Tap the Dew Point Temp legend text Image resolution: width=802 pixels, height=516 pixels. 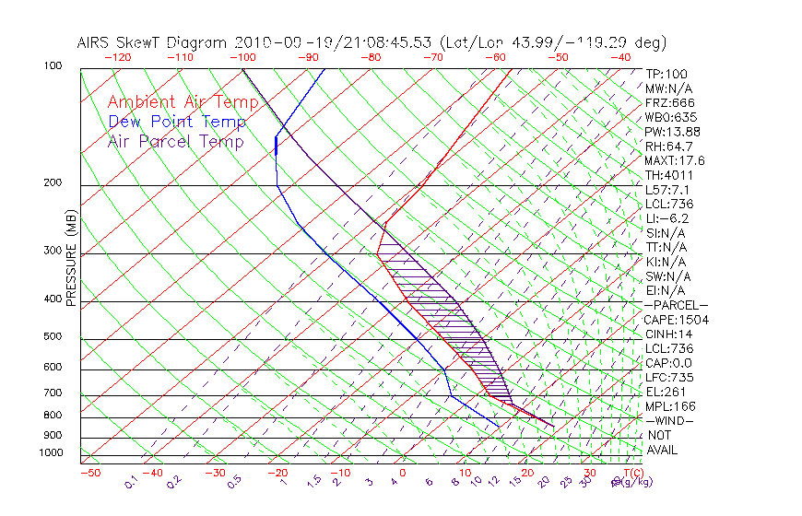(177, 122)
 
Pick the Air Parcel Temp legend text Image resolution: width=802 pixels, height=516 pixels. (175, 141)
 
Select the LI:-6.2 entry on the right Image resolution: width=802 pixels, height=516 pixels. (667, 218)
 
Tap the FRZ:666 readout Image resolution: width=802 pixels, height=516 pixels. (670, 102)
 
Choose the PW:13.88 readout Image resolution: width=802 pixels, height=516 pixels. (673, 132)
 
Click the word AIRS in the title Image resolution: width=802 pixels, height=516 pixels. (97, 42)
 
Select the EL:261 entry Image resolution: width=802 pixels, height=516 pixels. (666, 392)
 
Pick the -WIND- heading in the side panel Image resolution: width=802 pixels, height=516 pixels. (671, 421)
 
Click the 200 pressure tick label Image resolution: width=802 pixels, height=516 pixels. (52, 182)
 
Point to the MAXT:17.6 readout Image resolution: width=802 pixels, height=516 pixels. (675, 160)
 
